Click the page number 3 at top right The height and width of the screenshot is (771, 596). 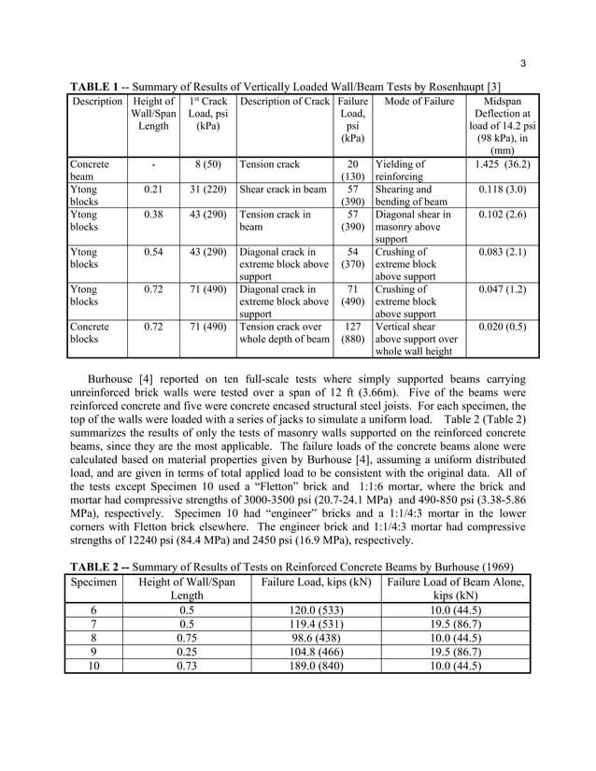coord(523,63)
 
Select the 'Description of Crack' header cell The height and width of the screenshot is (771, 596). coord(284,100)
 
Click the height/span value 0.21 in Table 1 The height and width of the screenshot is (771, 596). coord(154,189)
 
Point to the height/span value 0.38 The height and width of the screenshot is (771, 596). coord(154,215)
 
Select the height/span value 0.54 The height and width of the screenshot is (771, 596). coord(154,252)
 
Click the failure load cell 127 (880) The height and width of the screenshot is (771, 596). coord(352,333)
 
